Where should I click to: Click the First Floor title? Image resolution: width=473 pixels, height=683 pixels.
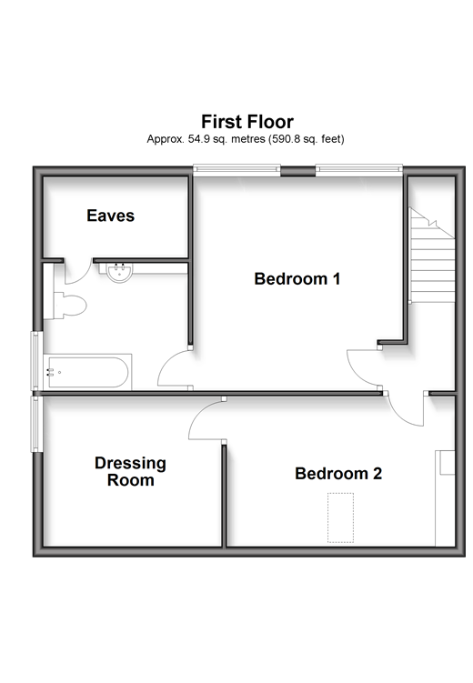[x=247, y=122]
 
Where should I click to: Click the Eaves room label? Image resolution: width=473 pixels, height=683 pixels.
[x=111, y=216]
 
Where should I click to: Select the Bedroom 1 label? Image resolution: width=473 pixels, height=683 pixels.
[x=297, y=279]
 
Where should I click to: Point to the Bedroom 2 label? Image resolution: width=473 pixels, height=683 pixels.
[x=338, y=474]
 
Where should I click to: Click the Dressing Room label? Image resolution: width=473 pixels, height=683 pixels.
[x=130, y=471]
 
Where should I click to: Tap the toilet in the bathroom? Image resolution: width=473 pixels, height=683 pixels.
[x=70, y=305]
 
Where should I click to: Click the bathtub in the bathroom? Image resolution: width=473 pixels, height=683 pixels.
[x=87, y=373]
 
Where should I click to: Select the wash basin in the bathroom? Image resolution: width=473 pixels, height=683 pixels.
[x=119, y=273]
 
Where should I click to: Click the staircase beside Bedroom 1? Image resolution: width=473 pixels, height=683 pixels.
[x=432, y=255]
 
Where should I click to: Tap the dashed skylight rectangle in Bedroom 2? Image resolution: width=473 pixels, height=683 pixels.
[x=340, y=517]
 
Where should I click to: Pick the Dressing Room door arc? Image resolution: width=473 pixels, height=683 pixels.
[x=195, y=415]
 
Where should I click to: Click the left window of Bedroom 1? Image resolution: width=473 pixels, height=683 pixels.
[x=236, y=170]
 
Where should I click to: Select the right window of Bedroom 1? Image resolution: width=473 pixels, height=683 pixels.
[x=359, y=170]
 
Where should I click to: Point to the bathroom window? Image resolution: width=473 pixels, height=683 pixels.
[x=36, y=361]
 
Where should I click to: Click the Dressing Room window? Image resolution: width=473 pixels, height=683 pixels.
[x=36, y=424]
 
